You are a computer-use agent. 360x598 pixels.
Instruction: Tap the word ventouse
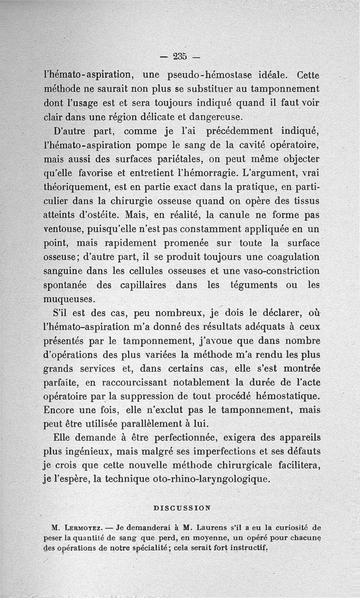[x=62, y=229]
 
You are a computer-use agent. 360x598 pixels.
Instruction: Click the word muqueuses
[x=68, y=299]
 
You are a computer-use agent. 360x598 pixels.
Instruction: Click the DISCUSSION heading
[x=182, y=508]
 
